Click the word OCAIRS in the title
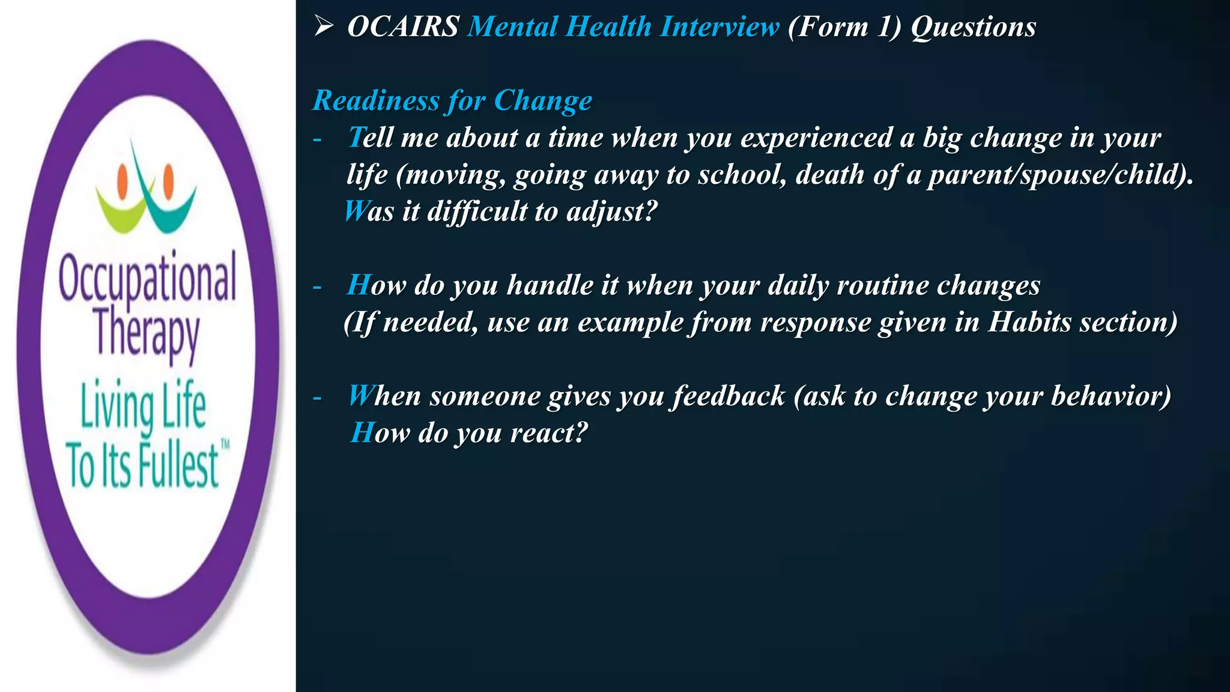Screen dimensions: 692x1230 tap(403, 27)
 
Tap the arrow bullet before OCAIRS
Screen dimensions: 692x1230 tap(324, 26)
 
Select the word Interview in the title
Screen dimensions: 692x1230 tap(719, 27)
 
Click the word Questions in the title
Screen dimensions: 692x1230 tap(974, 28)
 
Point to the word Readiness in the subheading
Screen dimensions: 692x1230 tap(376, 100)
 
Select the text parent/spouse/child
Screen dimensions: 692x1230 tap(1057, 175)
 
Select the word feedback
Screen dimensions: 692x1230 tap(729, 396)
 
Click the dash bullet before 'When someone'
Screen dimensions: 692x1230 tap(317, 397)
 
